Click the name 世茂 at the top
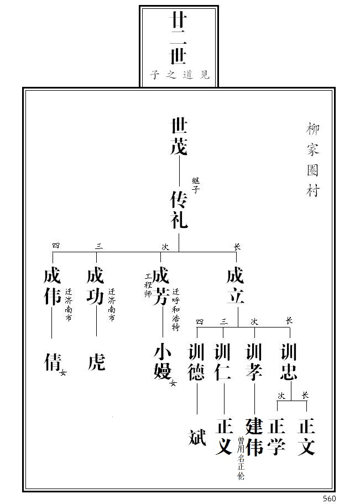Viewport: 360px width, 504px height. pos(179,137)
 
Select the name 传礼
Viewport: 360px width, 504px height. pos(179,210)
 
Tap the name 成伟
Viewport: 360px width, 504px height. pos(52,287)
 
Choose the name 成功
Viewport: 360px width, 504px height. pos(96,287)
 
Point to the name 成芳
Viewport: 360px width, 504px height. pos(161,287)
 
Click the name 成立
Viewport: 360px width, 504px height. pos(236,287)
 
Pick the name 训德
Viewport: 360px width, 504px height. pos(197,362)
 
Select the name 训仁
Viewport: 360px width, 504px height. pos(223,362)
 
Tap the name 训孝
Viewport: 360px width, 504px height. pos(254,362)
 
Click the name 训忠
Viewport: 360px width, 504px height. pos(289,362)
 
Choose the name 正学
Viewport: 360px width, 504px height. pos(276,437)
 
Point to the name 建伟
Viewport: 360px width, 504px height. pos(254,437)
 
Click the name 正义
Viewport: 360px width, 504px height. pos(223,437)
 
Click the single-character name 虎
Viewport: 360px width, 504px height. pos(96,362)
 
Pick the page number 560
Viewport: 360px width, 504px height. pos(330,498)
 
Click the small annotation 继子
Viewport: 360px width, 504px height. pos(196,185)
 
